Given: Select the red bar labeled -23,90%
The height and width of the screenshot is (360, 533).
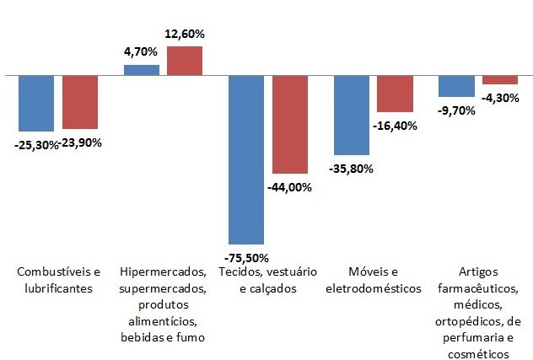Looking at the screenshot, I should pos(79,101).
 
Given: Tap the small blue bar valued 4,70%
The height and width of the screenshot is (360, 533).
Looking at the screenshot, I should pos(141,70).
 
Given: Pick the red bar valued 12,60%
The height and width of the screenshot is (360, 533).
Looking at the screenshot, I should pos(185,61).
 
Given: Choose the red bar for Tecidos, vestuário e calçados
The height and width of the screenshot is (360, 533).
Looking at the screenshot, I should pos(289,124).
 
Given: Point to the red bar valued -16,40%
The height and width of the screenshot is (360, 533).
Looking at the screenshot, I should pos(395,94).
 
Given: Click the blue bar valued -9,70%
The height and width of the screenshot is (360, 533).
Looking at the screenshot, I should pos(456,86).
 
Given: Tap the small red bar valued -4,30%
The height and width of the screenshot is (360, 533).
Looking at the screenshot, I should pos(499,80).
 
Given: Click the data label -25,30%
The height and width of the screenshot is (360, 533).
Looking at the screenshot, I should pos(37,144).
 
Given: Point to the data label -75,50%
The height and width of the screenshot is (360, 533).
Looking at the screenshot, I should pos(246,259).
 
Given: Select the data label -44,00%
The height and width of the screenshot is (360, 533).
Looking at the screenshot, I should pos(289,187).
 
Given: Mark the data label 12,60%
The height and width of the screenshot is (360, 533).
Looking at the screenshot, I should pos(185,34).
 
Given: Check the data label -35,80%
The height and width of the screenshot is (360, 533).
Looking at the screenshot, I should pos(351,168).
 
